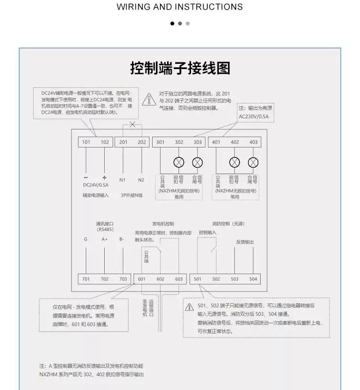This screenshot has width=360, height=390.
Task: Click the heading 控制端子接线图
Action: click(x=180, y=68)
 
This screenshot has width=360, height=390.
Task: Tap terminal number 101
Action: click(x=86, y=142)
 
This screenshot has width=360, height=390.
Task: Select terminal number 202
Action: click(x=142, y=142)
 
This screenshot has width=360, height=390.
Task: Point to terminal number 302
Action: click(x=179, y=142)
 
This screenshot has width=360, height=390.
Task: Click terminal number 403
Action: click(x=253, y=142)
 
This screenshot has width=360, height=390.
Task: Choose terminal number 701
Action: click(x=86, y=279)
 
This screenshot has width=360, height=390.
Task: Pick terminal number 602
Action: click(x=160, y=279)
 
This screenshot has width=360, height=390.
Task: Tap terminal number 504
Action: click(x=253, y=279)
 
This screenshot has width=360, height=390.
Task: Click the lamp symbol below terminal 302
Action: click(x=179, y=162)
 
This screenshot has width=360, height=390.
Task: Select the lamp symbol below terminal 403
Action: click(x=253, y=162)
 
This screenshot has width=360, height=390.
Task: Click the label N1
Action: click(x=122, y=180)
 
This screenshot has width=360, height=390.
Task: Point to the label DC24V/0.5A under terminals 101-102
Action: click(x=96, y=185)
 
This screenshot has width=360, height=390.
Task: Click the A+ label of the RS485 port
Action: click(x=105, y=239)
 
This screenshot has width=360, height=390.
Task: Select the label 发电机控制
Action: click(x=163, y=224)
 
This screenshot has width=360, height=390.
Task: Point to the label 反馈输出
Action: click(x=244, y=242)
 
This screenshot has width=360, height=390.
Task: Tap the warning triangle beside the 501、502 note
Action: click(x=190, y=306)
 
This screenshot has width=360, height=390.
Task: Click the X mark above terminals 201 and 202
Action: click(x=132, y=125)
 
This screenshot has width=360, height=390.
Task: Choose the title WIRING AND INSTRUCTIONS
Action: click(x=180, y=7)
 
